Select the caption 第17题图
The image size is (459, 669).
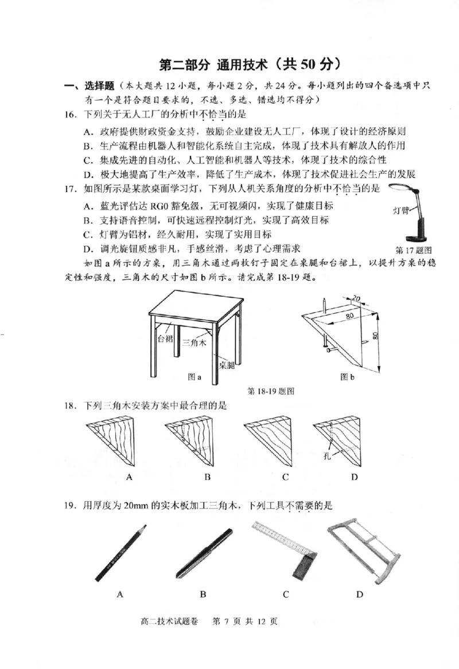point(413,250)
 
